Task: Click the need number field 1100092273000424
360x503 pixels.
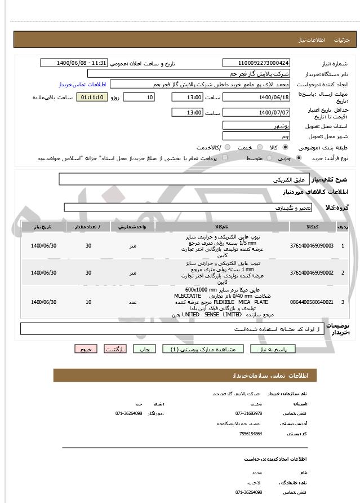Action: [256, 63]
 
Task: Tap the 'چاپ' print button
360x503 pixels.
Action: [145, 349]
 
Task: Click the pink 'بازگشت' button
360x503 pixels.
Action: [116, 349]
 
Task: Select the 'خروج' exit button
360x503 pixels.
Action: [86, 349]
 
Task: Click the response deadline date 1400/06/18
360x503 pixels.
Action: [256, 98]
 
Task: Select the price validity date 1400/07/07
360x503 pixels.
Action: [256, 113]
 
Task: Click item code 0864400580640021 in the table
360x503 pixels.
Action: [312, 302]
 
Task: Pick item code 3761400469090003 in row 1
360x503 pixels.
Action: [312, 246]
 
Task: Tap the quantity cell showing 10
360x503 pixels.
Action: [88, 302]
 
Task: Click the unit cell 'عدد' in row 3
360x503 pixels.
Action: [132, 302]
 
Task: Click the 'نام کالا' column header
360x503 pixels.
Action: [221, 227]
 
